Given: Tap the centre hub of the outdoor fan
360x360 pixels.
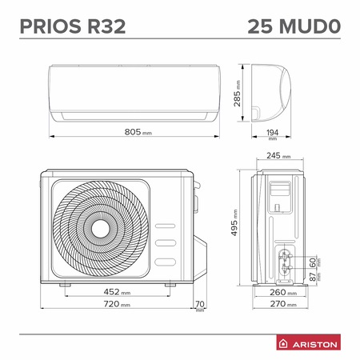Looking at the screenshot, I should (x=101, y=229).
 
